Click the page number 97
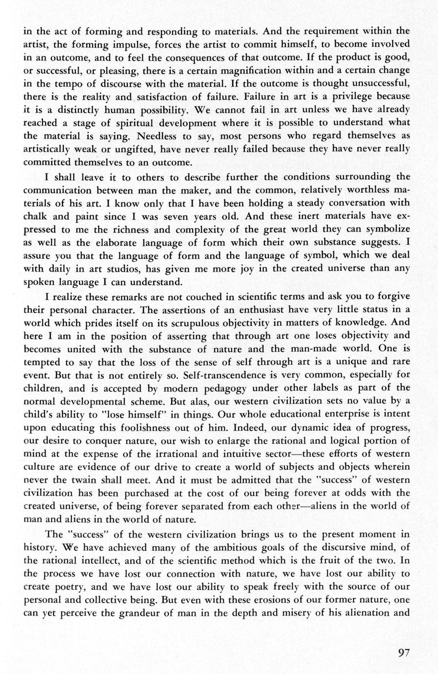(403, 653)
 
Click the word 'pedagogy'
(225, 388)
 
